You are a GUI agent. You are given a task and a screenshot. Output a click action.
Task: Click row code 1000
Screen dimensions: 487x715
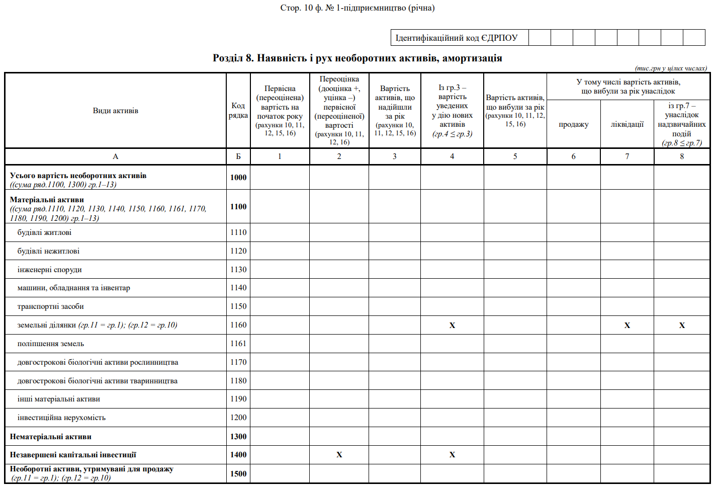coord(238,177)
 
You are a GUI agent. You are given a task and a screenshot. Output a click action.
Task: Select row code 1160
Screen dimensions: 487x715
coord(238,325)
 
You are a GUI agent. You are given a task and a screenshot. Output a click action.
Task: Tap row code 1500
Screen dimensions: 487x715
coord(238,473)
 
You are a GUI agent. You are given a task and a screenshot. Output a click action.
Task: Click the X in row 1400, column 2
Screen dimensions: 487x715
coord(339,455)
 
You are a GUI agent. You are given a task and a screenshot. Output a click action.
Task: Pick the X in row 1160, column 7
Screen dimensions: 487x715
coord(627,326)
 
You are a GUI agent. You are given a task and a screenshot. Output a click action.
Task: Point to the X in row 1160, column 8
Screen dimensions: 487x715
coord(682,326)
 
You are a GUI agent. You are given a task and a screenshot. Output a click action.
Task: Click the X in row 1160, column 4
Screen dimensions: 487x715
coord(452,326)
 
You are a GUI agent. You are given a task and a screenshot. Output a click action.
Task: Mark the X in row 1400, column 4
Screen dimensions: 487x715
coord(452,455)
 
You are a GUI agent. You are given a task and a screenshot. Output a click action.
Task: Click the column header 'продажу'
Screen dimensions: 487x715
coord(573,124)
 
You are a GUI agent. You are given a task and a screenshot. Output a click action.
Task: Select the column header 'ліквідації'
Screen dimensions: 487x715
coord(627,124)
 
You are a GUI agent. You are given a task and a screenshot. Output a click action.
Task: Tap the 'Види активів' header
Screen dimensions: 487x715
coord(115,111)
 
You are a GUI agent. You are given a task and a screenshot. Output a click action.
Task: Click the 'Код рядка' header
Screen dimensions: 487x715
coord(238,110)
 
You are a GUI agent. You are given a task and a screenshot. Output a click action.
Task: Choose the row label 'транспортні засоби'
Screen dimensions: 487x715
coord(50,306)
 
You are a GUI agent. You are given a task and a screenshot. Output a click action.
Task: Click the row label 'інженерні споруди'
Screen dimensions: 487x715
coord(49,270)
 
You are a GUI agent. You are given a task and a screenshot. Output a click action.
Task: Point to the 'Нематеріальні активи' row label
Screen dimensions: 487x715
coord(50,437)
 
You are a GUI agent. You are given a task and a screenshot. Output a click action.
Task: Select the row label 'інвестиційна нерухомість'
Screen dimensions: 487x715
coord(61,418)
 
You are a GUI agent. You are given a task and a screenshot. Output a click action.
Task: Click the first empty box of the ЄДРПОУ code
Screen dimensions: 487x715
coord(540,38)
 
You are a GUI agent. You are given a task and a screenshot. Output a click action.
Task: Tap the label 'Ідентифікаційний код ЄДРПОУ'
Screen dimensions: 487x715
coord(457,38)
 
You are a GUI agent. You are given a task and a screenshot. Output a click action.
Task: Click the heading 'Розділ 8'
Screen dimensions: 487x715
coord(357,58)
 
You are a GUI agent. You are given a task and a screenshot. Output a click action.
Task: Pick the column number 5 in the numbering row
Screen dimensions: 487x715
coord(515,156)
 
